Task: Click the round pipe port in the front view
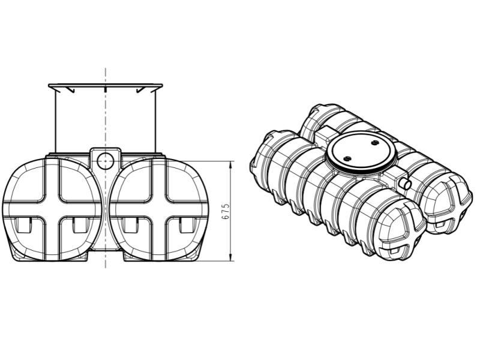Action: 105,160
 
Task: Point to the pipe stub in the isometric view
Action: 405,182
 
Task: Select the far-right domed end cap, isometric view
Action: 450,201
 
